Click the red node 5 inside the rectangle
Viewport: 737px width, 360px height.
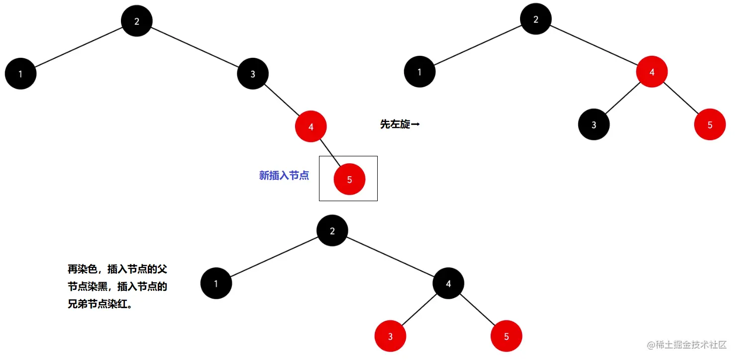point(349,179)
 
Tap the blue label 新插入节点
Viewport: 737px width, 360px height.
point(284,175)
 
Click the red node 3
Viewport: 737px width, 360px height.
point(390,336)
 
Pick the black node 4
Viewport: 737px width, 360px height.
point(448,283)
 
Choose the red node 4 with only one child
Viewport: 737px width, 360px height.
point(311,126)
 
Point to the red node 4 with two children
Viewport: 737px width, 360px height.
point(651,72)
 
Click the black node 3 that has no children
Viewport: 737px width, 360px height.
point(594,124)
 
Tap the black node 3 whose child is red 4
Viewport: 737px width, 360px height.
point(253,74)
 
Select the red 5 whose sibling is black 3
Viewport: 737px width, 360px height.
point(710,124)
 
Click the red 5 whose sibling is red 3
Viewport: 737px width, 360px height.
point(506,336)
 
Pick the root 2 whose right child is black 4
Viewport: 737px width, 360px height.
point(332,231)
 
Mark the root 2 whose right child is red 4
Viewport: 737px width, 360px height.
point(535,19)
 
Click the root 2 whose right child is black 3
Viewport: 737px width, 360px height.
point(136,21)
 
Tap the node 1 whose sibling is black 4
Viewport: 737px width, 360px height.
point(216,283)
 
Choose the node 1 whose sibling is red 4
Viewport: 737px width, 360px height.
point(420,72)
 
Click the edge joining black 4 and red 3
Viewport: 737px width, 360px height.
point(419,310)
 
